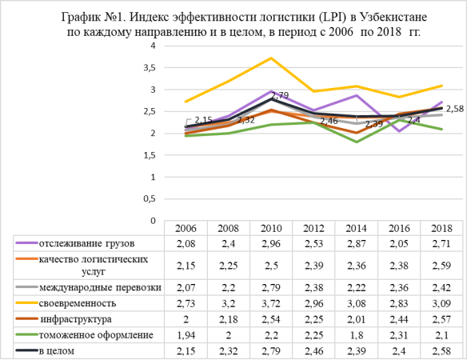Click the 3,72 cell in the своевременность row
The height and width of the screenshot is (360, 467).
271,303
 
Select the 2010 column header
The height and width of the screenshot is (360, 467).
271,228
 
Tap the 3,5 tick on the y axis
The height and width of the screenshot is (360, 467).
150,68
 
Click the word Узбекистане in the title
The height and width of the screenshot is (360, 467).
393,17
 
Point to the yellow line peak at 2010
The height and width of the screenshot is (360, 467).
271,58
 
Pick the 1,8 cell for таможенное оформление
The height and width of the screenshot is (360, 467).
356,335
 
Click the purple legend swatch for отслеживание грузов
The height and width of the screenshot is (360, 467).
27,243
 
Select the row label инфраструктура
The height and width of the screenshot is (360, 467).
76,319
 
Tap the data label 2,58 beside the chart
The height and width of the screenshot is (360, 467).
455,109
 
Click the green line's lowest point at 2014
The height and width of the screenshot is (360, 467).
356,142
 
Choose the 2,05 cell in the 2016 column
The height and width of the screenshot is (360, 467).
399,244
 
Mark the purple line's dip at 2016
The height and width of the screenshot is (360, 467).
399,131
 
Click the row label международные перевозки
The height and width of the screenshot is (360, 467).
101,287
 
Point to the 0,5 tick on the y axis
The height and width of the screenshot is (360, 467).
150,198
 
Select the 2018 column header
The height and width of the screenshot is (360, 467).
441,228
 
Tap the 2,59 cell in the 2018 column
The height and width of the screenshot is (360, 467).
441,266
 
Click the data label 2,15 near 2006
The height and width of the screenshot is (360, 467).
203,120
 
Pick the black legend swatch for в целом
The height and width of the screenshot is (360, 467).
27,350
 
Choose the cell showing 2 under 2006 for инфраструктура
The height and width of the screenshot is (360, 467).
186,319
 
